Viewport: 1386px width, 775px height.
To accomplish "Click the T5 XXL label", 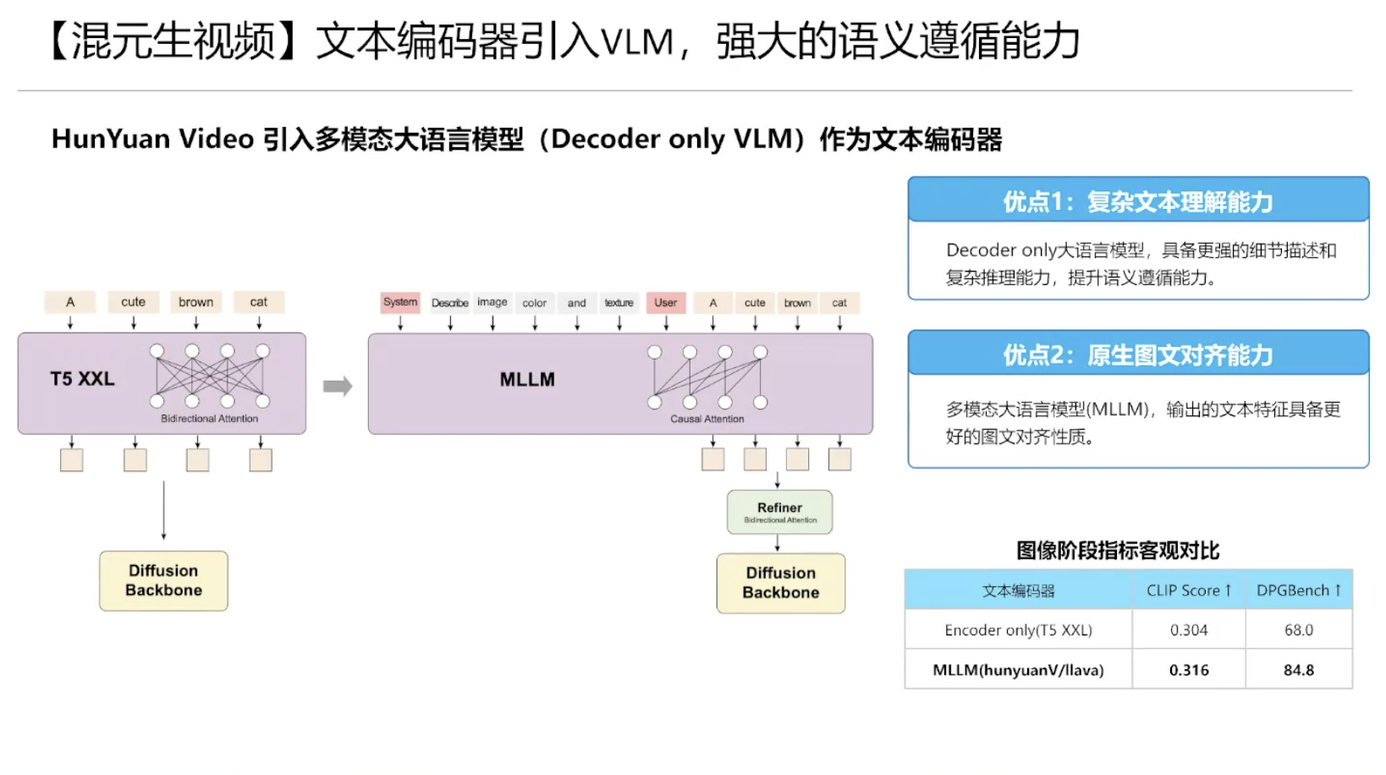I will tap(82, 379).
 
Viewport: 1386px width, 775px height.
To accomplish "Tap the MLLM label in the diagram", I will tap(527, 380).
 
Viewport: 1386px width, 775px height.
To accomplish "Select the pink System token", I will tap(400, 302).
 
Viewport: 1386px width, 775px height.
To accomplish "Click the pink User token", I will tap(666, 302).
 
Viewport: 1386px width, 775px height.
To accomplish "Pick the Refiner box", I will tap(779, 512).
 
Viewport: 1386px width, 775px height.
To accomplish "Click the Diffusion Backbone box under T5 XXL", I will tap(163, 580).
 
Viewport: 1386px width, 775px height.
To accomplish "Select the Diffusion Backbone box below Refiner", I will tap(780, 583).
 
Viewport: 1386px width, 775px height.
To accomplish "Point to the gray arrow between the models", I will tap(338, 387).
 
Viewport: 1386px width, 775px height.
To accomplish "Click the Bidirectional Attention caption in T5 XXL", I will tap(209, 419).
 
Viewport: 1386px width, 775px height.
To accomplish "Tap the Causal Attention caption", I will tap(707, 419).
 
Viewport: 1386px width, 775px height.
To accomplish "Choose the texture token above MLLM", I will tap(619, 303).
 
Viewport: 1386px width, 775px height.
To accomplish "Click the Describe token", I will tap(449, 303).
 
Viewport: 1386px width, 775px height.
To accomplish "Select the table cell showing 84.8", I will tap(1298, 670).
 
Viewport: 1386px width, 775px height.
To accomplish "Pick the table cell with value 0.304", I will tap(1189, 630).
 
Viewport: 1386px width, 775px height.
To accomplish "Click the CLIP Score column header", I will tap(1189, 591).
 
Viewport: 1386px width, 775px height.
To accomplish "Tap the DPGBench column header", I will tap(1298, 591).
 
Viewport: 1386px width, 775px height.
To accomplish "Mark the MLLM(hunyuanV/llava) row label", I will tap(1018, 670).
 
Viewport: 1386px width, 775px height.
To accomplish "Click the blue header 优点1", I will tap(1138, 201).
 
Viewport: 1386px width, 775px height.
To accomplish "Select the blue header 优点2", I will tap(1138, 355).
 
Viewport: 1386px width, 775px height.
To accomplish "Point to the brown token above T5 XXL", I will tap(196, 302).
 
